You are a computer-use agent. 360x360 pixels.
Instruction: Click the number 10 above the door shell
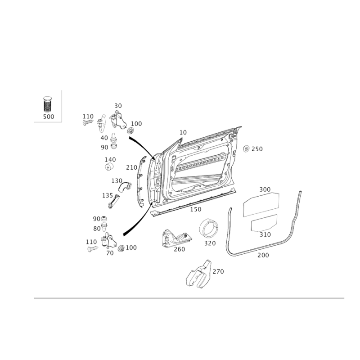[183, 132]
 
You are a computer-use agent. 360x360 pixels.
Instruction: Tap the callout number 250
[257, 148]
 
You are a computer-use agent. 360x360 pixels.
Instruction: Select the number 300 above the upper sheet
[265, 190]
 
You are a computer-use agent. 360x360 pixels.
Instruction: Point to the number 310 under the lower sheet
[265, 234]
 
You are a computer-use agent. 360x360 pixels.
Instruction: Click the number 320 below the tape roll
[210, 243]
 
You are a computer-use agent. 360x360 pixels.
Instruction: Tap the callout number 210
[131, 167]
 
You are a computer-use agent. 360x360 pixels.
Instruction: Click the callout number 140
[110, 159]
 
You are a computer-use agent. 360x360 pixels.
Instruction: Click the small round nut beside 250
[246, 148]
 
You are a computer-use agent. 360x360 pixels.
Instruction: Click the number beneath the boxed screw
[48, 117]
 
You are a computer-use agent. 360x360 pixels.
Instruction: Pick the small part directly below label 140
[109, 167]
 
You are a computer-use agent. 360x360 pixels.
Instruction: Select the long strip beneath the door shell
[193, 203]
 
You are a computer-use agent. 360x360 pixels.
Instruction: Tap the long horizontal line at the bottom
[189, 298]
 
